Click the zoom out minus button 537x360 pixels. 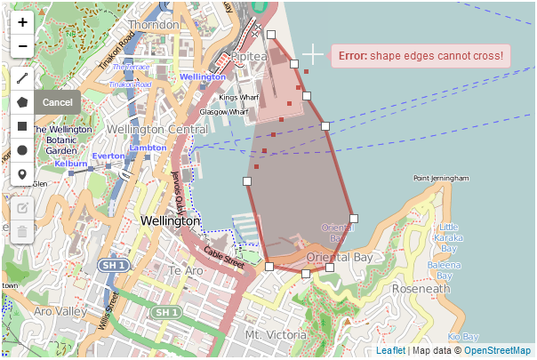click(22, 46)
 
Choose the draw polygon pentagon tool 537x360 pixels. click(22, 102)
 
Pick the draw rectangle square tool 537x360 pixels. click(22, 126)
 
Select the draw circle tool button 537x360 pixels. click(22, 149)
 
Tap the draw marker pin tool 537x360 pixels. click(22, 173)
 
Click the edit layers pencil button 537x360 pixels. click(22, 209)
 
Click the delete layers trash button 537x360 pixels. click(22, 232)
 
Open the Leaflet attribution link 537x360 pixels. click(391, 351)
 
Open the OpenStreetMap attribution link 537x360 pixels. click(497, 351)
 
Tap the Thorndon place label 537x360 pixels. click(153, 25)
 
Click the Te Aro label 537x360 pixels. click(187, 270)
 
